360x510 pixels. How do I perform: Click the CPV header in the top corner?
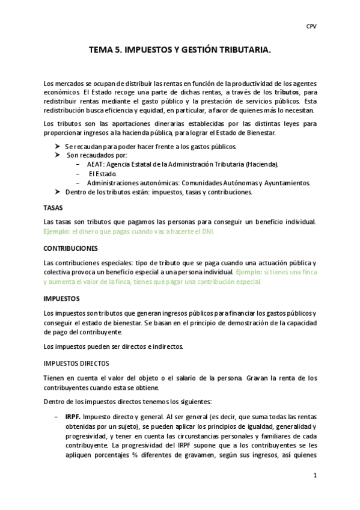311,26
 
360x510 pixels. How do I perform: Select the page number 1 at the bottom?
314,476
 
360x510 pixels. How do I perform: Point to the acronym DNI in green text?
208,231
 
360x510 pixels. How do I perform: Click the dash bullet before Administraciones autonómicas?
79,183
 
